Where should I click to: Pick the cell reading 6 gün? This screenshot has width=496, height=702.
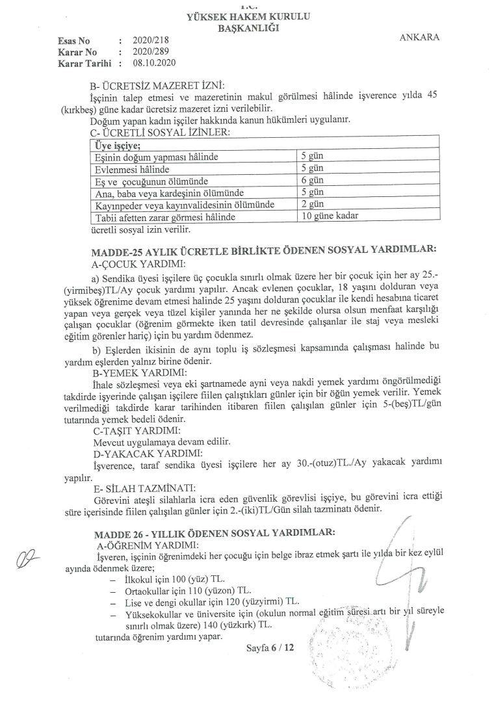(x=312, y=181)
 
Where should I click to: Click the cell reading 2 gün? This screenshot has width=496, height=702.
(x=312, y=204)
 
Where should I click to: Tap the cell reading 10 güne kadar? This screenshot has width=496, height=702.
(x=326, y=216)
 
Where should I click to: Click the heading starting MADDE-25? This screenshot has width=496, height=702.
(x=263, y=250)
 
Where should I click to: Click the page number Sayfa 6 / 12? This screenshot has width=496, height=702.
(x=271, y=648)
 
